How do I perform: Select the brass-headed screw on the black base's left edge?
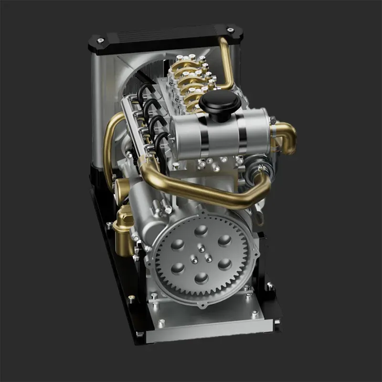tap(131, 298)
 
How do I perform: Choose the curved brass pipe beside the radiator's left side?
tap(111, 143)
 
